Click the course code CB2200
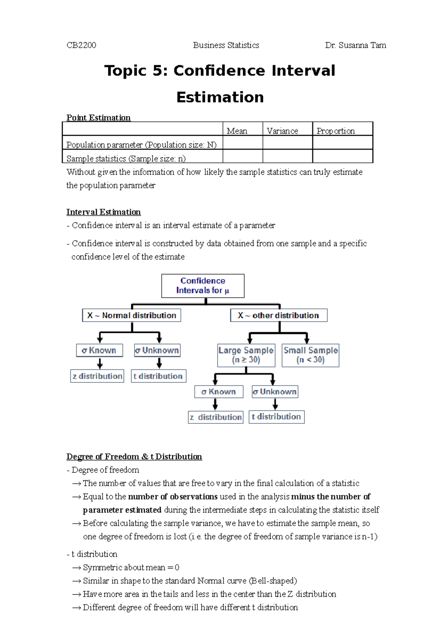pyautogui.click(x=81, y=45)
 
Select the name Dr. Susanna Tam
pyautogui.click(x=355, y=45)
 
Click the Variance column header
pyautogui.click(x=282, y=131)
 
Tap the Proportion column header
pyautogui.click(x=335, y=131)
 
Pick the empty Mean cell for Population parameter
pyautogui.click(x=242, y=142)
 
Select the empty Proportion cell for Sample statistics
pyautogui.click(x=342, y=156)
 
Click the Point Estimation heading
pyautogui.click(x=98, y=117)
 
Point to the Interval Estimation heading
pyautogui.click(x=103, y=212)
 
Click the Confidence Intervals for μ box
pyautogui.click(x=203, y=285)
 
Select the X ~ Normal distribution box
pyautogui.click(x=132, y=315)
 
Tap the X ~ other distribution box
pyautogui.click(x=279, y=315)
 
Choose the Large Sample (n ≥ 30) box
pyautogui.click(x=246, y=355)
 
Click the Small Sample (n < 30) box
pyautogui.click(x=311, y=355)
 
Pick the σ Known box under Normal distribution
pyautogui.click(x=99, y=350)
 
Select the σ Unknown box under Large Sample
pyautogui.click(x=275, y=391)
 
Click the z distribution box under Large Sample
pyautogui.click(x=216, y=417)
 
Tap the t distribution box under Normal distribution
pyautogui.click(x=158, y=376)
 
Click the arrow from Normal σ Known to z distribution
pyautogui.click(x=100, y=363)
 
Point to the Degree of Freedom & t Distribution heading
pyautogui.click(x=134, y=456)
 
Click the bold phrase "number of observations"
pyautogui.click(x=173, y=496)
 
